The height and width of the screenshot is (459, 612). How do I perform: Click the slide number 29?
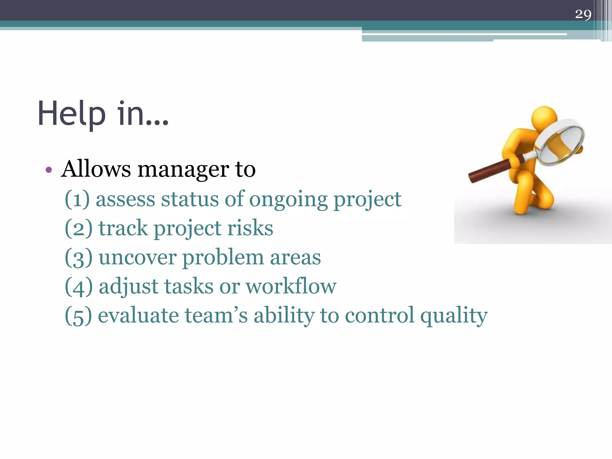583,14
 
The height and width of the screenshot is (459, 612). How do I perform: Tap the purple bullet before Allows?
49,170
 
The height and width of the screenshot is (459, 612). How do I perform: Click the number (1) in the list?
77,199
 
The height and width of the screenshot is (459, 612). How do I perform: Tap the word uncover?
137,258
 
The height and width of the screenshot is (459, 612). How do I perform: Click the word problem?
223,258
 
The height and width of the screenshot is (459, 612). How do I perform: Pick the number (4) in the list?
78,287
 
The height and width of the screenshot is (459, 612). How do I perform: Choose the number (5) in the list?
78,316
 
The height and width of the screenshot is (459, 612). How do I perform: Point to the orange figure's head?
544,117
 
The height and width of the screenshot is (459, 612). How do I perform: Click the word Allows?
96,169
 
